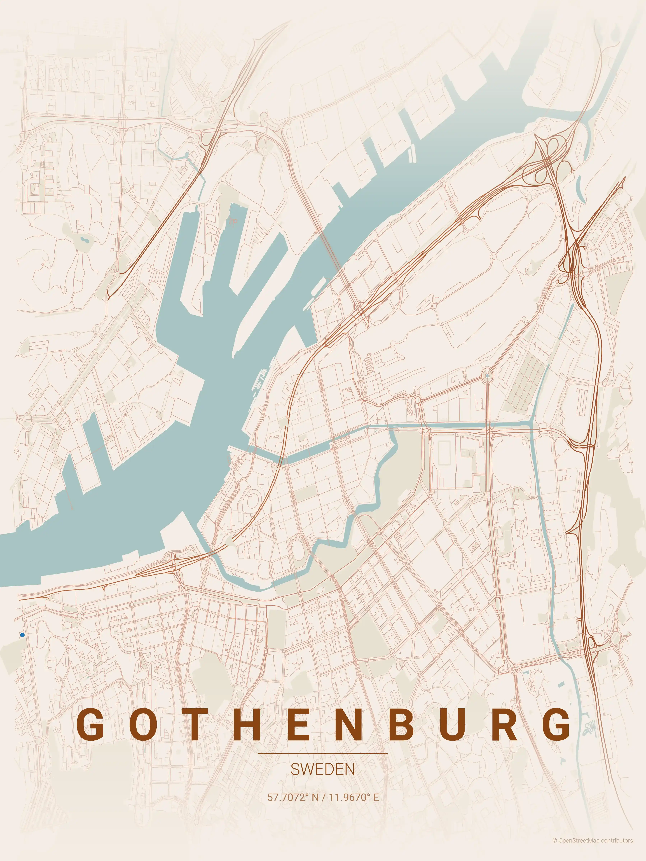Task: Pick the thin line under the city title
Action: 323,753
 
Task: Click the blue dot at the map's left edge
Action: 22,635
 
